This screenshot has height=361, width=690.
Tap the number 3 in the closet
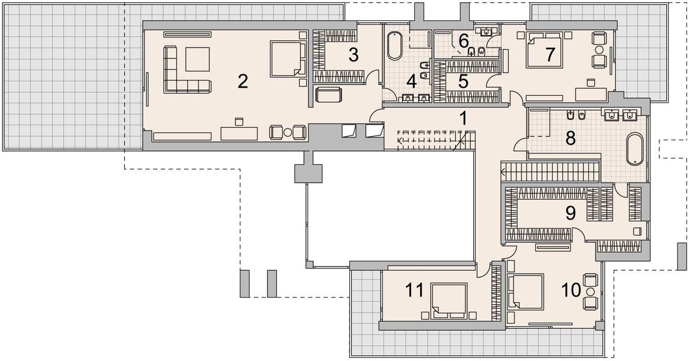coord(353,55)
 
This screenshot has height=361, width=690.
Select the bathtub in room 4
coord(394,46)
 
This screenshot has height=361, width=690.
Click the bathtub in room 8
coord(635,149)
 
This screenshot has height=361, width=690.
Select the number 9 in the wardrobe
coord(570,213)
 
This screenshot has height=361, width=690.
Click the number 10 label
coord(571,290)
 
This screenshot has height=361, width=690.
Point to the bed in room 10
coord(526,292)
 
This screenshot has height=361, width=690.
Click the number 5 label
coord(462,81)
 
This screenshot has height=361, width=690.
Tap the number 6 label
coord(463,41)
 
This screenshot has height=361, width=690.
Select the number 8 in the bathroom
coord(570,138)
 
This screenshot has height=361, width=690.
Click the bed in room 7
coord(544,50)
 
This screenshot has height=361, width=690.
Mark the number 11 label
coord(414,290)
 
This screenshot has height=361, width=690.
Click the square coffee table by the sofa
coord(197,59)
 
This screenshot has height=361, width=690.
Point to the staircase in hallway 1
coord(436,140)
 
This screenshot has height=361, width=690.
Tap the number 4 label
coord(411,81)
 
